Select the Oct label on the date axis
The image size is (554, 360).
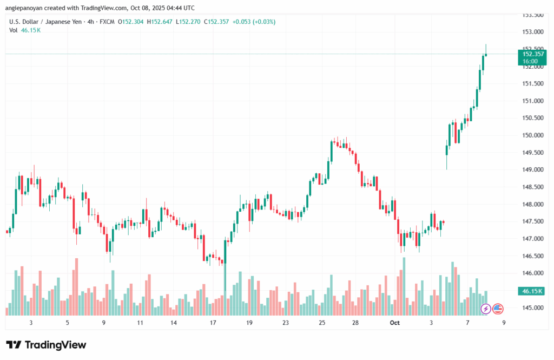[394, 322]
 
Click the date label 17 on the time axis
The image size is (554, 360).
[213, 322]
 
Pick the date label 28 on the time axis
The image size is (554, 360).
[355, 322]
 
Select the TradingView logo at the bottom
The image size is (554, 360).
[46, 345]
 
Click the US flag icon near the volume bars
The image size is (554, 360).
[498, 309]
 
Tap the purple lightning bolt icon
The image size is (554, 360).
[486, 309]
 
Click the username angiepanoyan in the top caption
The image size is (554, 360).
[28, 7]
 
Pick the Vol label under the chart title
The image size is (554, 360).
[14, 30]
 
